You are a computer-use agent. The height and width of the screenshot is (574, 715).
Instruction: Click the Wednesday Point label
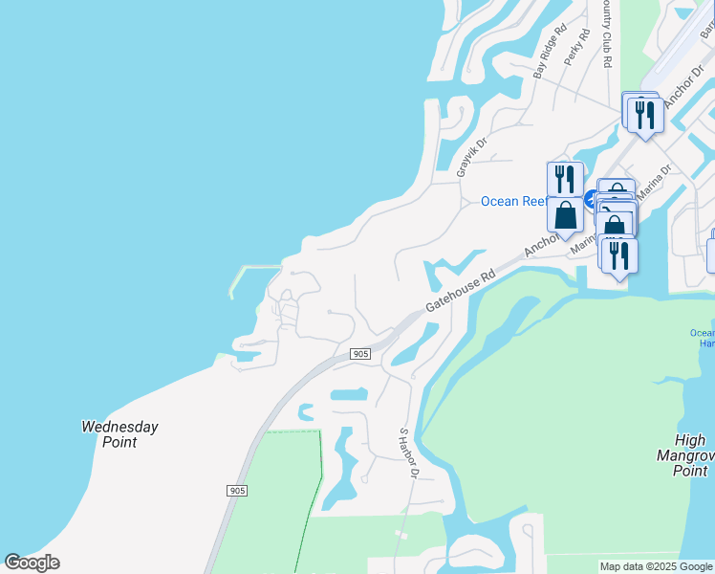(119, 434)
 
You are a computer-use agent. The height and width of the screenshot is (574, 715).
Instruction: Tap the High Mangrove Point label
(689, 455)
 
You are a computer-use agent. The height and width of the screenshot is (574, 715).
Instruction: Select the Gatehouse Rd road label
(462, 288)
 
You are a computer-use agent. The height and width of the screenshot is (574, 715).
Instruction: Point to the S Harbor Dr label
(409, 453)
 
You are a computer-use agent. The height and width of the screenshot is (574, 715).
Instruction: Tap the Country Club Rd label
(606, 34)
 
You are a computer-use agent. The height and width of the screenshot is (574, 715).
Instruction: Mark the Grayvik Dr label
(471, 156)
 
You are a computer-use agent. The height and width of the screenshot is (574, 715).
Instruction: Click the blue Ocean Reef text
(513, 201)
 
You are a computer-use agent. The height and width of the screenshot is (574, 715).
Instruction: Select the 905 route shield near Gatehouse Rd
(359, 354)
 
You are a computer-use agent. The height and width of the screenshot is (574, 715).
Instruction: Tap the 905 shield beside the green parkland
(238, 491)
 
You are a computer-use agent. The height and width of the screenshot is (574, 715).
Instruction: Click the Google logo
(32, 563)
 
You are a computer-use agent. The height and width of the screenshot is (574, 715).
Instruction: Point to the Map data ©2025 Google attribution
(655, 566)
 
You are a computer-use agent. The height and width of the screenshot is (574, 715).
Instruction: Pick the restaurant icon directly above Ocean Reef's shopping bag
(565, 179)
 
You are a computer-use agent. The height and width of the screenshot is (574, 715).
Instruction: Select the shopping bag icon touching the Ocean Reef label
(565, 214)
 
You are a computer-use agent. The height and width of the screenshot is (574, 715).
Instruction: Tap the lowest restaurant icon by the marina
(619, 255)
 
